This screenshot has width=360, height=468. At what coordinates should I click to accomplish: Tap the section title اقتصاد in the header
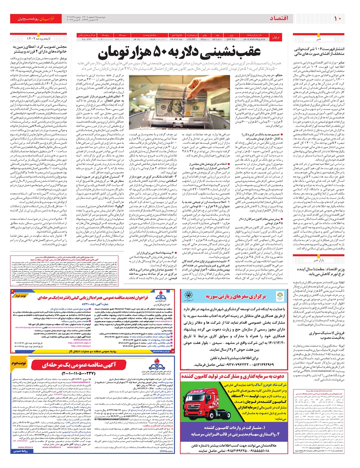coord(279,18)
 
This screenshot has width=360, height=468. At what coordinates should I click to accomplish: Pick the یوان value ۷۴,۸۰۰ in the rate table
coord(204,39)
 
